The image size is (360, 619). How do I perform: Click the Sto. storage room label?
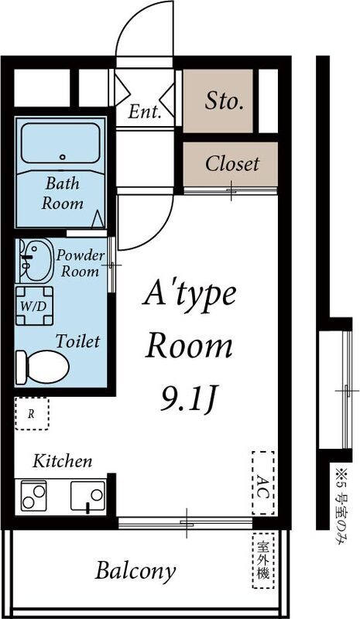pyautogui.click(x=224, y=100)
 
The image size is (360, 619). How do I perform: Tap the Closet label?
pyautogui.click(x=231, y=164)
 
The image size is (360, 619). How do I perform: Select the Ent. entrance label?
pyautogui.click(x=145, y=111)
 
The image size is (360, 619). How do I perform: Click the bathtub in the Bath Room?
pyautogui.click(x=62, y=143)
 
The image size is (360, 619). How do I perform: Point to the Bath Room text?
pyautogui.click(x=63, y=194)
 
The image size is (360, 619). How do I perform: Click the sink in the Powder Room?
pyautogui.click(x=33, y=260)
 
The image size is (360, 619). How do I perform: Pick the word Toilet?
pyautogui.click(x=77, y=340)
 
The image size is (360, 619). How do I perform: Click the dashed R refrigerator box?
pyautogui.click(x=32, y=414)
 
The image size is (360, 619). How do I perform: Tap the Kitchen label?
pyautogui.click(x=62, y=462)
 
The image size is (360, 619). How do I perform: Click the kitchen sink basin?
pyautogui.click(x=87, y=495)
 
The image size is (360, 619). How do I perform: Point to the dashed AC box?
pyautogui.click(x=262, y=484)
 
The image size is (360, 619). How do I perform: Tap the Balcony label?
pyautogui.click(x=135, y=572)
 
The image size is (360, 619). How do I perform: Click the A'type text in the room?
pyautogui.click(x=190, y=296)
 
